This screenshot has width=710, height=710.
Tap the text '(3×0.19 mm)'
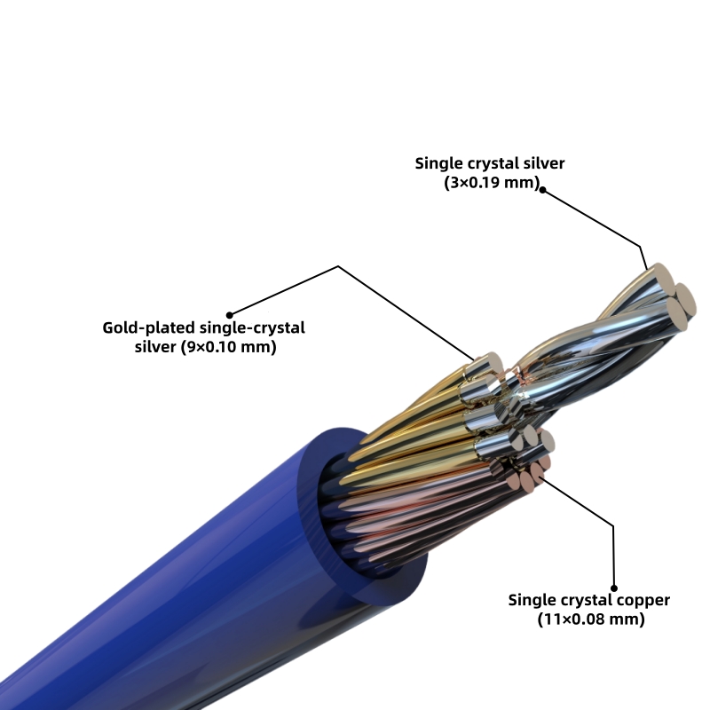tap(491, 182)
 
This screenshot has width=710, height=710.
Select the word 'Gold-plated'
tap(146, 327)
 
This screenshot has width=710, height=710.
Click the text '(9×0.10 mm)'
tap(232, 347)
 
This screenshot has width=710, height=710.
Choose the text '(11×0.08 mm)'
tap(590, 619)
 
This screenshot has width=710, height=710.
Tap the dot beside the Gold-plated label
tap(229, 313)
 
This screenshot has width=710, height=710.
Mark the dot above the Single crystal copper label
tap(612, 585)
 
